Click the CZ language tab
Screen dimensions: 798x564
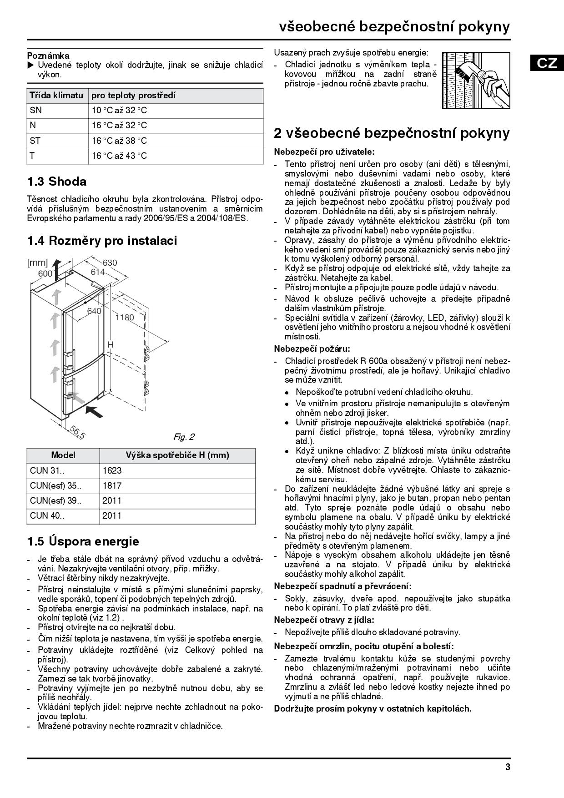(x=547, y=63)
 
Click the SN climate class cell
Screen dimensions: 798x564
(x=36, y=111)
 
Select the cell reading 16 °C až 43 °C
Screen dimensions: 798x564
(x=120, y=156)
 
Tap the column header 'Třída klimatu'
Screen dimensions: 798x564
(x=56, y=96)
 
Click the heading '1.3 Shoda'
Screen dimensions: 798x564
(x=57, y=182)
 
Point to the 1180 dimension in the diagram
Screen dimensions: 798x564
(x=124, y=318)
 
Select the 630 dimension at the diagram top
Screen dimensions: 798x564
(x=110, y=263)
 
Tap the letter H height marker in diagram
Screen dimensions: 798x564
(x=111, y=345)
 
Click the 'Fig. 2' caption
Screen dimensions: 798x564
(x=184, y=437)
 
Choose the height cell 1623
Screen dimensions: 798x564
(x=112, y=470)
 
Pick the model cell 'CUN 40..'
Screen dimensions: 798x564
(x=47, y=515)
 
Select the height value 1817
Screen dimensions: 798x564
(x=112, y=485)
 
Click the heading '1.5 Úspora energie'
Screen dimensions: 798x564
(x=83, y=541)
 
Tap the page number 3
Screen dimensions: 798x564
(x=508, y=768)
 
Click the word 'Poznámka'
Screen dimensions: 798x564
(x=48, y=56)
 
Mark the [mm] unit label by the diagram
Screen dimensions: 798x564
(x=37, y=263)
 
